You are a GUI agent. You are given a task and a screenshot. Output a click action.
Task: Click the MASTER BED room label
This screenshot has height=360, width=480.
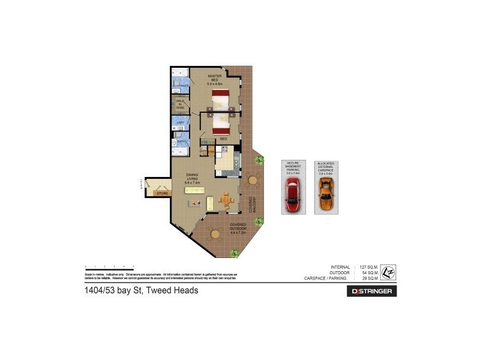[x=215, y=79]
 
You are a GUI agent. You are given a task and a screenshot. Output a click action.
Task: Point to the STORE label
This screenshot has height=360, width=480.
[x=162, y=193]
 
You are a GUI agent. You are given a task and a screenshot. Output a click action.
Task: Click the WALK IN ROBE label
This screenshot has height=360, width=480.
[x=180, y=104]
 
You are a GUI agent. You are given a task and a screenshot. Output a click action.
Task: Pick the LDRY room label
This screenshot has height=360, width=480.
[x=180, y=122]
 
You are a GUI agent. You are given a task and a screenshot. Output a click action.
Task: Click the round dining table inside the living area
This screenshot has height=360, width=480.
[x=226, y=200]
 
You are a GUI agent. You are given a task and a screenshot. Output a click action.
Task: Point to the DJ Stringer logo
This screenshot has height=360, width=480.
[x=372, y=291]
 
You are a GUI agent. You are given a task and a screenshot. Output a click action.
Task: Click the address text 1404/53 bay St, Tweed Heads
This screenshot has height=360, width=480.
[x=140, y=290]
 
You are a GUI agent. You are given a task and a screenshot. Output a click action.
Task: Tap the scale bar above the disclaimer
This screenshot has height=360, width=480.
[x=109, y=266]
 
